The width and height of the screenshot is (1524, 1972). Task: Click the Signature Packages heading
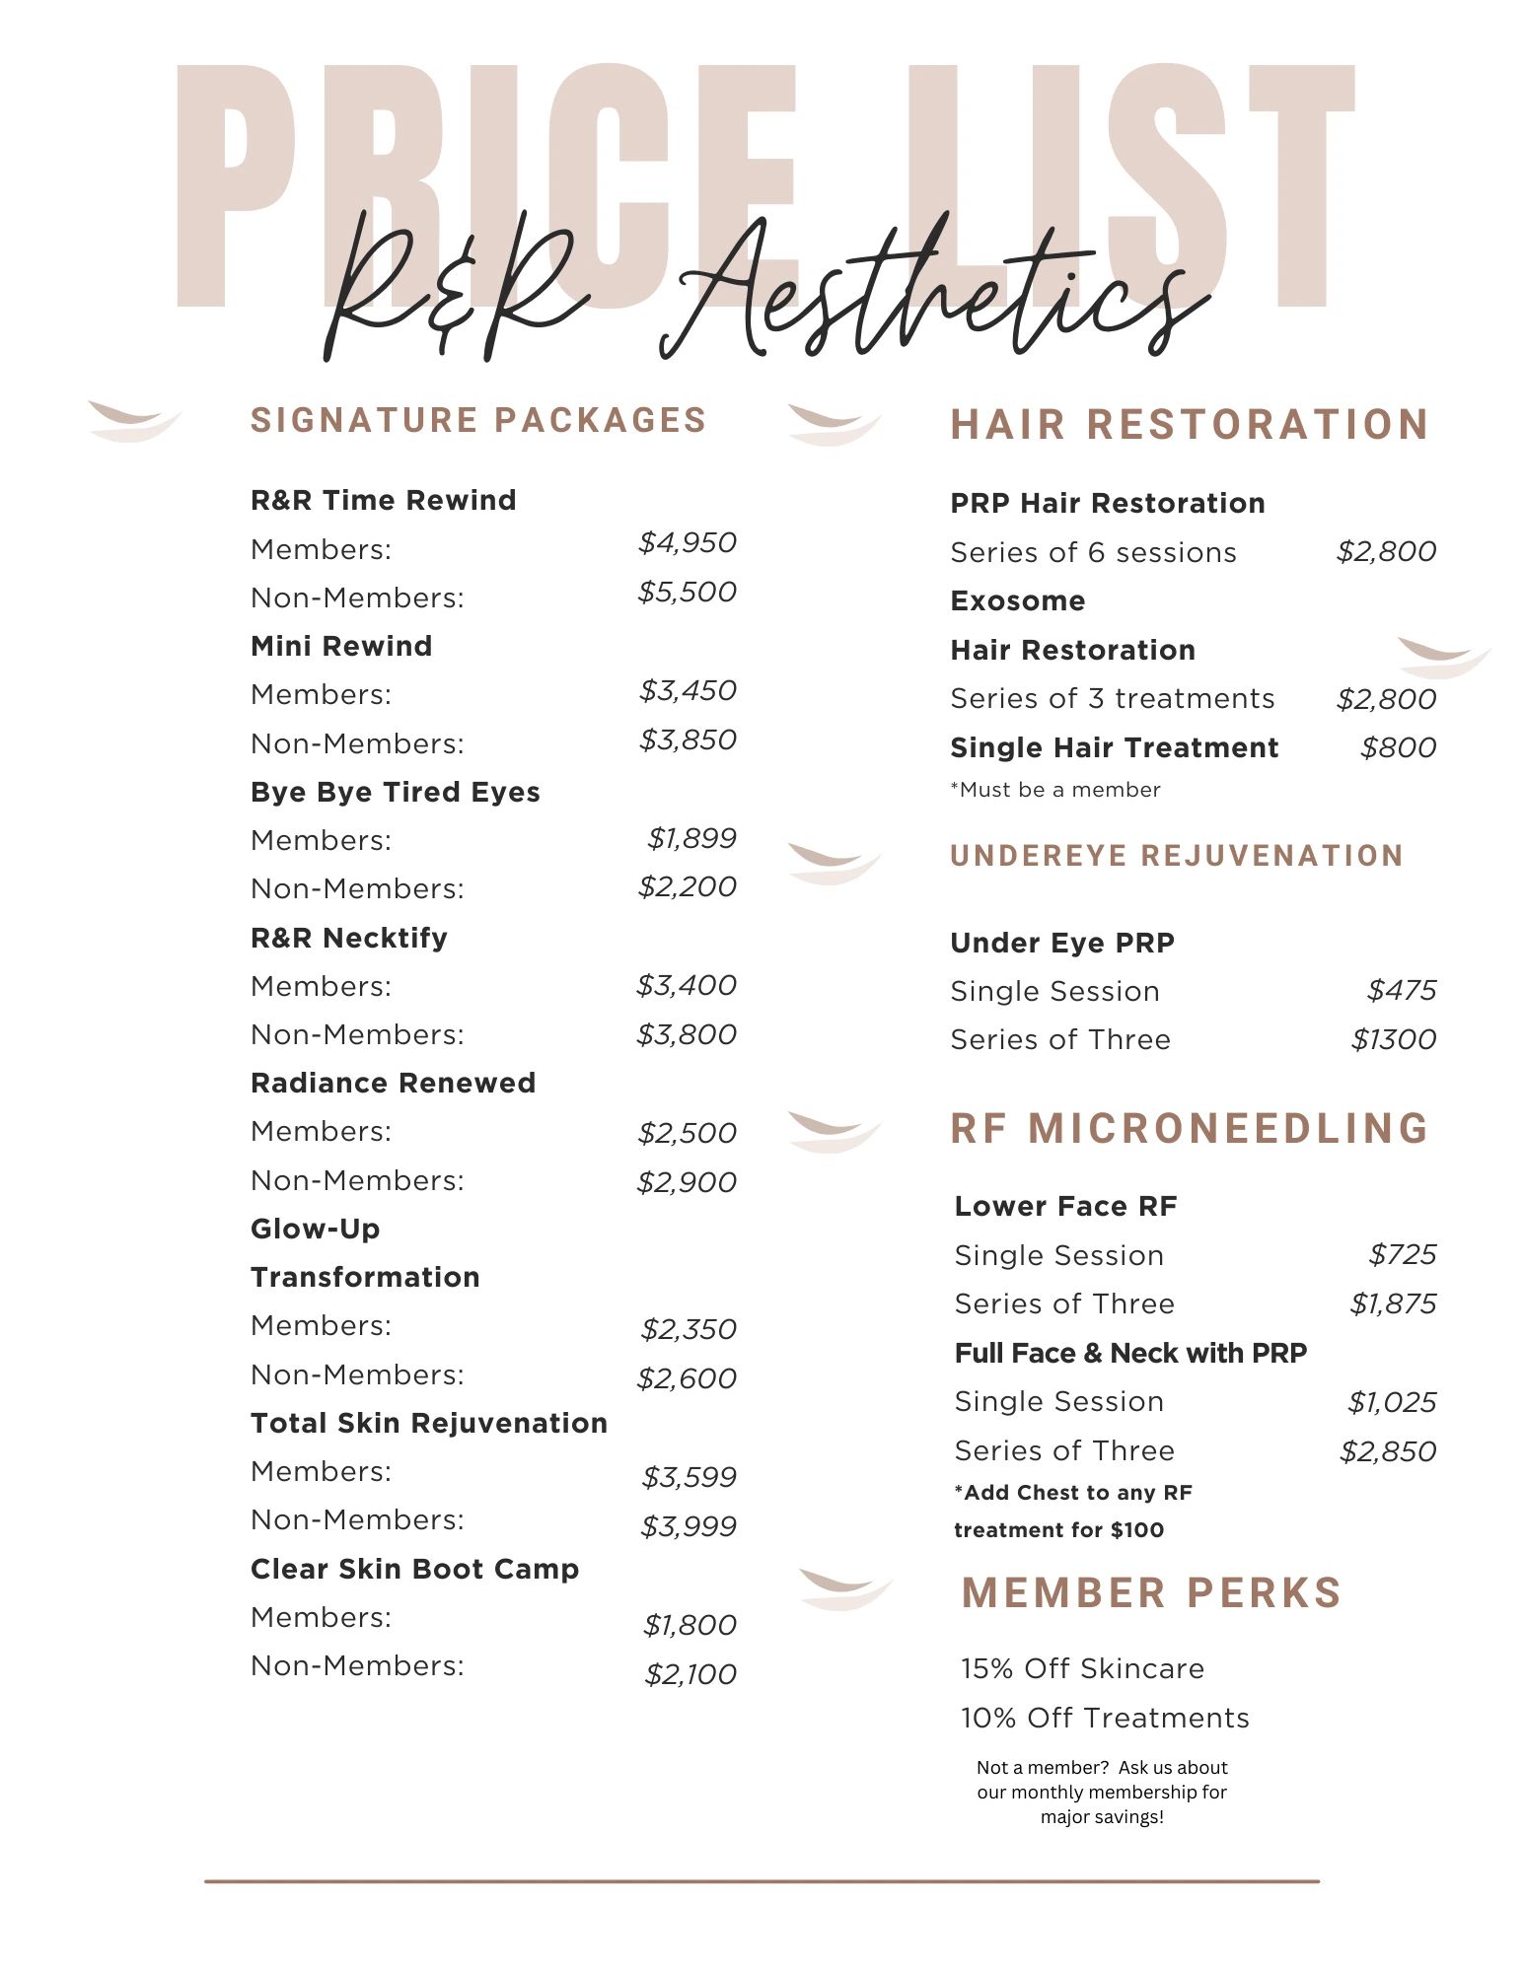(x=478, y=420)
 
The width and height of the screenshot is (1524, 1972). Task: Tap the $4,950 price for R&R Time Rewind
(x=688, y=543)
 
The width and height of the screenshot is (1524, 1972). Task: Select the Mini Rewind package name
(x=341, y=646)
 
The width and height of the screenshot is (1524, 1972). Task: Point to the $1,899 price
(x=691, y=838)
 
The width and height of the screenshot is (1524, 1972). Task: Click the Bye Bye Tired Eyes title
(x=396, y=792)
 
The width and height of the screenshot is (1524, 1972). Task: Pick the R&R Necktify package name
(x=349, y=938)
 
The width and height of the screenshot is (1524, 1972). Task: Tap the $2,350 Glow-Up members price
(x=689, y=1329)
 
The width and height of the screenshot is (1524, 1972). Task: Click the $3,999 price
(x=689, y=1526)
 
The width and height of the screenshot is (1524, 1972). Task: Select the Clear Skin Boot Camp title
(x=415, y=1569)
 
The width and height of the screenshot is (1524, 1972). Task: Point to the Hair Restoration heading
(x=1190, y=425)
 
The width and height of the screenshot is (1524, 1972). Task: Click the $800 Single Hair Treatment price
(x=1398, y=747)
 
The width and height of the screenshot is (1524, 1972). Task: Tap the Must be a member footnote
(x=1055, y=790)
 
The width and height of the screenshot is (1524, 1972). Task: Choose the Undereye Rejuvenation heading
(x=1177, y=856)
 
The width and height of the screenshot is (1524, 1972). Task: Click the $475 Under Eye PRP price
(x=1402, y=990)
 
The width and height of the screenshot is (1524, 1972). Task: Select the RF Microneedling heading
(x=1190, y=1129)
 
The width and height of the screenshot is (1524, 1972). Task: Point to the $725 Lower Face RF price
(x=1403, y=1254)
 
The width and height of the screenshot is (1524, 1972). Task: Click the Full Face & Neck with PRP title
(x=1130, y=1353)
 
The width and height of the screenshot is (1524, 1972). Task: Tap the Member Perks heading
(x=1152, y=1593)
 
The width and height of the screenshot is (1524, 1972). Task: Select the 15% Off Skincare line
(x=1083, y=1668)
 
